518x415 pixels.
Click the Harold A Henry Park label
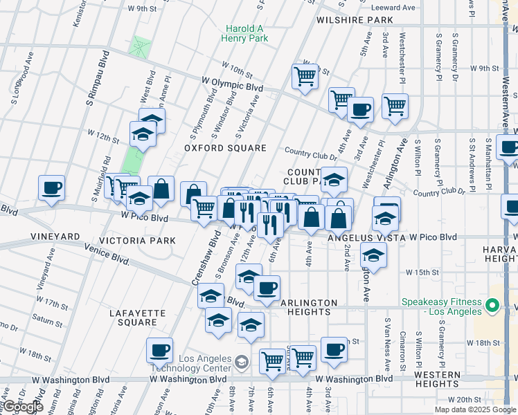point(246,34)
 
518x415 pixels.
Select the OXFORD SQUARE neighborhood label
point(225,148)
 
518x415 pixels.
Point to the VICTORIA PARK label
point(137,241)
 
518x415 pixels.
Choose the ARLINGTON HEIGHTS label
point(308,307)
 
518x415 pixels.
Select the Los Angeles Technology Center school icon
point(241,362)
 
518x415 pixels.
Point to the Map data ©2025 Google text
point(475,409)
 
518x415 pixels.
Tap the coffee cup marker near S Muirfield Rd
point(52,187)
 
